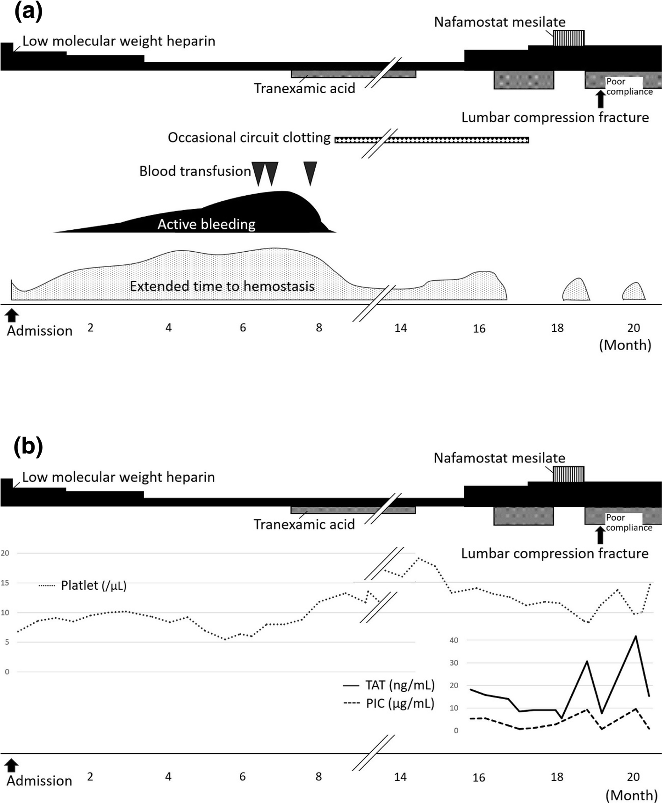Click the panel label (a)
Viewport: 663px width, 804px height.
pos(29,12)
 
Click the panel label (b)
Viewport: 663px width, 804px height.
pos(29,447)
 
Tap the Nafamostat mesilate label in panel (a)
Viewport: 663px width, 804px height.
pos(499,22)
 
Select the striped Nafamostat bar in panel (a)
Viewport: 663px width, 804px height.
pos(569,38)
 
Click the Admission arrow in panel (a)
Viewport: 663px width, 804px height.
pos(12,315)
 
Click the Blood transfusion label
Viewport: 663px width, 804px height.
pos(195,171)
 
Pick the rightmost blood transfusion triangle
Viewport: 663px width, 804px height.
pos(310,173)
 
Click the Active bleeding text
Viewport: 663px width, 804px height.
pos(206,224)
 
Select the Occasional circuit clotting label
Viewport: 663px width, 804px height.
pos(249,138)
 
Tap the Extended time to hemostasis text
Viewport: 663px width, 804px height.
pos(222,286)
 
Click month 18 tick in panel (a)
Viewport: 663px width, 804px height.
pos(557,328)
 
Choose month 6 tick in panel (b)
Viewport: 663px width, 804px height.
pos(242,777)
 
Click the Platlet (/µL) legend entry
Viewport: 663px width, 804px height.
pos(93,585)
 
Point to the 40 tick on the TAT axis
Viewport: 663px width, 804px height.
pos(454,640)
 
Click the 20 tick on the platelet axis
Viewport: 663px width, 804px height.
pos(5,553)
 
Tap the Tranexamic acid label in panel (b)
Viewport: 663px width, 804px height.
pos(304,525)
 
